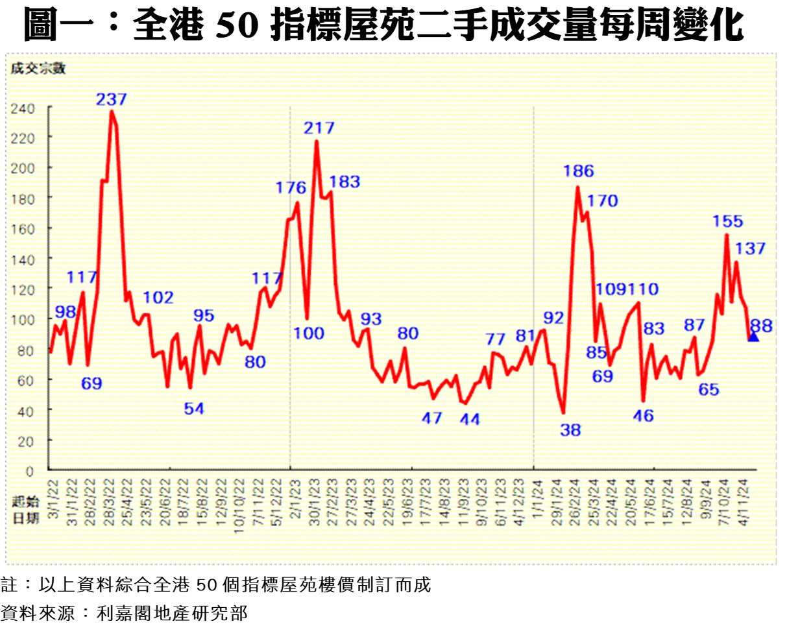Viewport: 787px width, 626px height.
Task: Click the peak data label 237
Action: (x=112, y=99)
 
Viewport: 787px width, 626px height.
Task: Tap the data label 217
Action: (x=319, y=128)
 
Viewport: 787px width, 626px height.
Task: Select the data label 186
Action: (x=579, y=171)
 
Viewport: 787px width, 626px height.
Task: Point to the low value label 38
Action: (x=571, y=429)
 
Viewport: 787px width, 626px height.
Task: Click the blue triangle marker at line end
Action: (x=753, y=336)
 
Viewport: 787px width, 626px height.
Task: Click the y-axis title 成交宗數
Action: (x=38, y=68)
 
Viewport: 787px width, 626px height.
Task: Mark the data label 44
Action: (x=469, y=420)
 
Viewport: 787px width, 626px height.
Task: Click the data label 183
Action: (x=345, y=182)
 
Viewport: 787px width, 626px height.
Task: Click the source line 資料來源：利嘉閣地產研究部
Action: (x=124, y=612)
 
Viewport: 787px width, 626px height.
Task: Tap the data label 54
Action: (x=193, y=409)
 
